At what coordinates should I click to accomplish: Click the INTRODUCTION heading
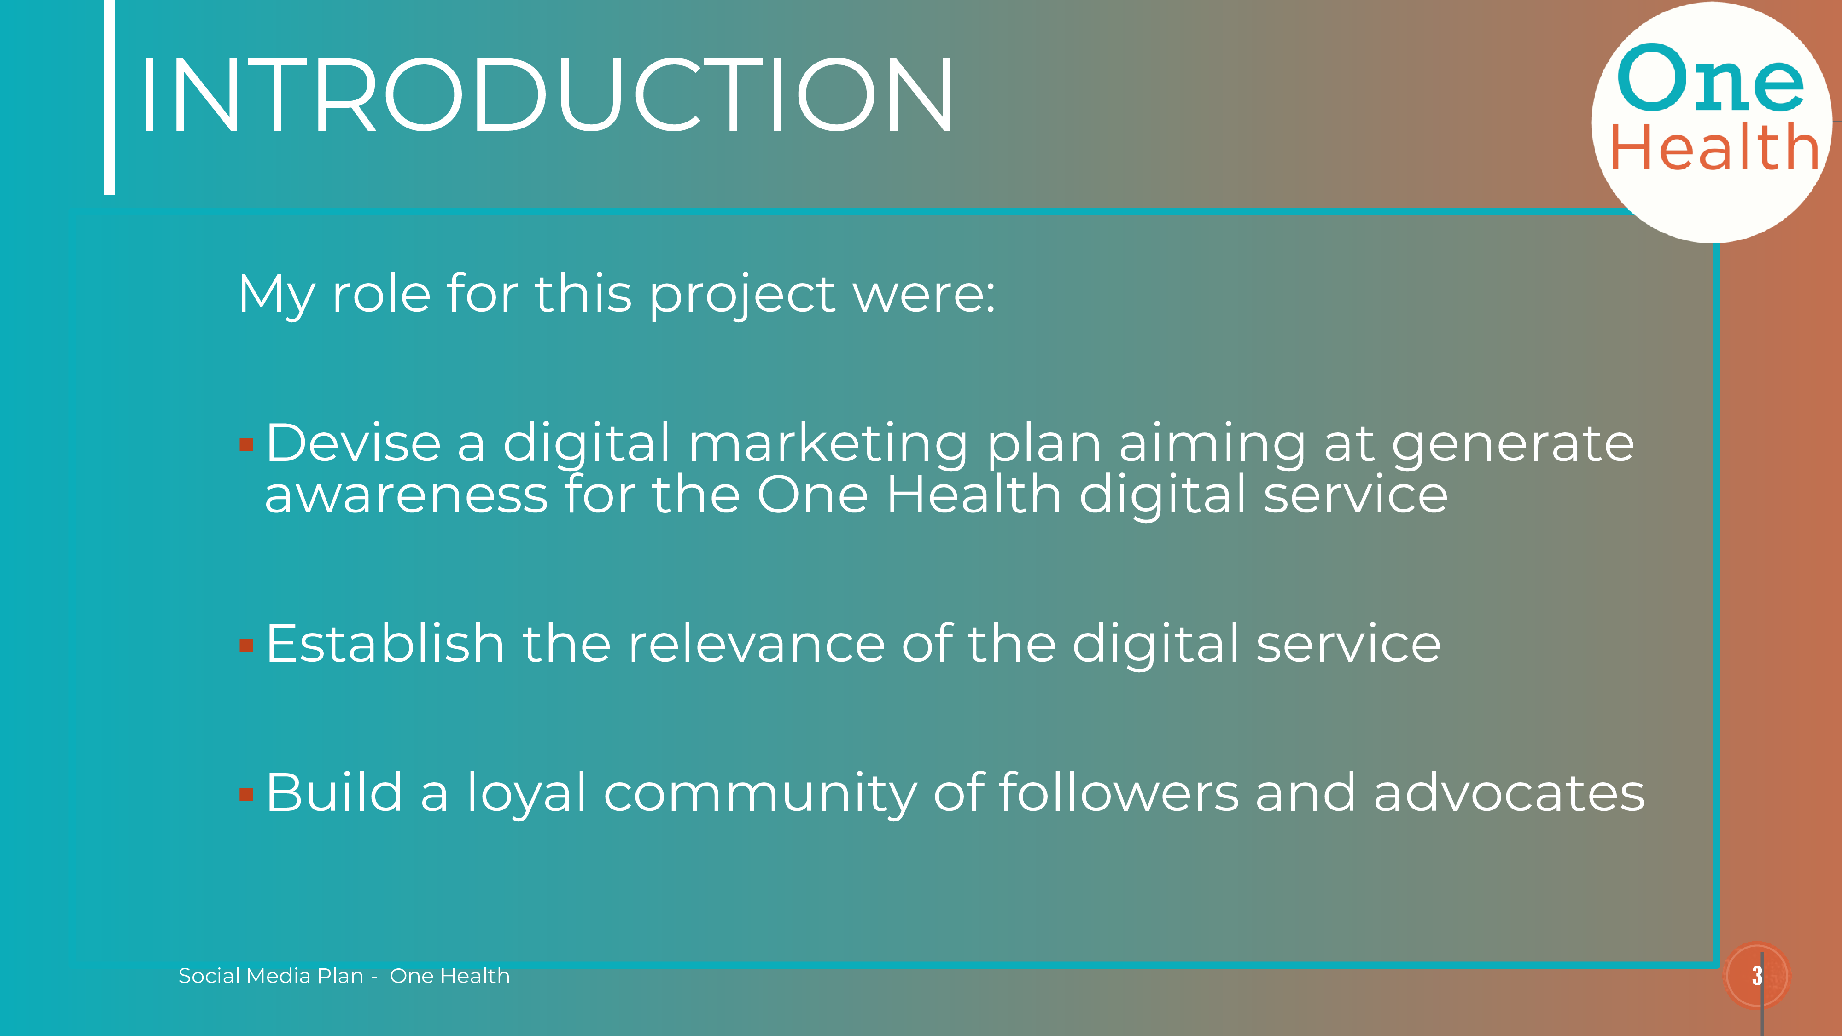tap(547, 95)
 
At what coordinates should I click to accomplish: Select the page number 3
tap(1757, 975)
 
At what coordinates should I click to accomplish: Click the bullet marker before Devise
tap(247, 445)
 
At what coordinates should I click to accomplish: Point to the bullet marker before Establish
tap(247, 645)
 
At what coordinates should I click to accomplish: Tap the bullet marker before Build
tap(247, 794)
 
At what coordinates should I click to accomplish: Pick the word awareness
tap(406, 495)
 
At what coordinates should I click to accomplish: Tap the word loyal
tap(526, 794)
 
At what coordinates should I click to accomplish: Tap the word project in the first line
tap(742, 295)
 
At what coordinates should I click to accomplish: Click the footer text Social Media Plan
tap(271, 976)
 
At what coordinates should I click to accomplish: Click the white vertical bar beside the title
tap(110, 97)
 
